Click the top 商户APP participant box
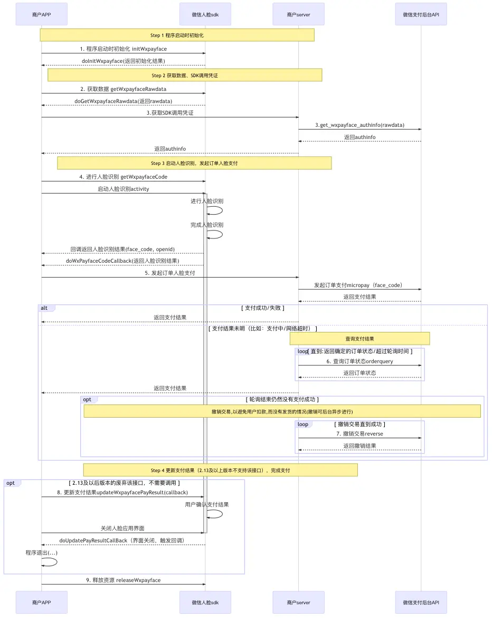coord(42,14)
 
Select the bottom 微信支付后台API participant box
coord(421,602)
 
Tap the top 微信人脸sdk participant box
coord(205,14)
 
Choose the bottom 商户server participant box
coord(298,602)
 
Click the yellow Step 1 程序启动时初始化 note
coord(177,35)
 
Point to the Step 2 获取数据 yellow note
coord(185,76)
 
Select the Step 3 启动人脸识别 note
coord(194,163)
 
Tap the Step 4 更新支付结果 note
coord(220,470)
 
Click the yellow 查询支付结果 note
coord(359,338)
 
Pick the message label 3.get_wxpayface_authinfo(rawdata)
coord(359,125)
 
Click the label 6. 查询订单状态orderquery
coord(359,362)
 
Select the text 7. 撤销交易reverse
coord(359,433)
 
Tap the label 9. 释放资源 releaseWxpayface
coord(124,580)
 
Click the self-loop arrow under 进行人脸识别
coord(215,210)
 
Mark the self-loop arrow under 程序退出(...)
coord(51,562)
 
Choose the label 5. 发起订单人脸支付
coord(170,273)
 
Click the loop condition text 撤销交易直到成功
coord(359,424)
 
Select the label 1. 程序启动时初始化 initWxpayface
coord(124,49)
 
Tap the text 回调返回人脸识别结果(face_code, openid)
coord(122,249)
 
